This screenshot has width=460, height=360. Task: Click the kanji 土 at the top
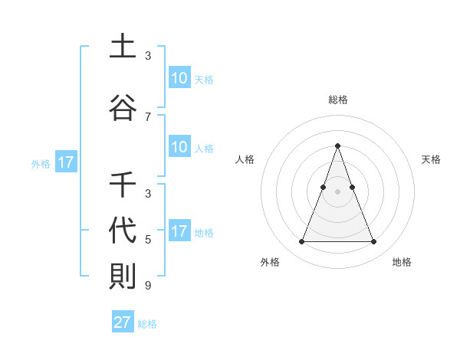(122, 46)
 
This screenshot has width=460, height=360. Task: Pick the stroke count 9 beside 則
(148, 286)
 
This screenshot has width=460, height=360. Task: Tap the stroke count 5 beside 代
(148, 240)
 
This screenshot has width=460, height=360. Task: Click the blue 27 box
(123, 322)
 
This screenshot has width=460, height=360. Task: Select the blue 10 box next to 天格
(179, 77)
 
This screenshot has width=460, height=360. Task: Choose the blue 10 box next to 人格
(179, 147)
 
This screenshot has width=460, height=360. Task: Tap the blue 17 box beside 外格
(65, 162)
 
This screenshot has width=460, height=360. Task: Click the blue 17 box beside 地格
(179, 231)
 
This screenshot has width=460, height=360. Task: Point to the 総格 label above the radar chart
(337, 100)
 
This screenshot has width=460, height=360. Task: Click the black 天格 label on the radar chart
(432, 159)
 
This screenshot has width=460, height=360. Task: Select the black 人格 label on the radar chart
(245, 159)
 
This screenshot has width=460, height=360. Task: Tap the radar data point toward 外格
(301, 242)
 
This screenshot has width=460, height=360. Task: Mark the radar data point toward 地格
(374, 242)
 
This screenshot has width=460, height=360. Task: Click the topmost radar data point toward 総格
(337, 146)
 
